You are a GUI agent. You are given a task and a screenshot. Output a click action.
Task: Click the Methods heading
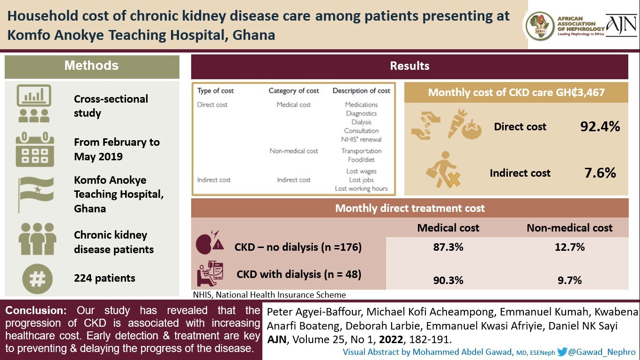click(x=91, y=66)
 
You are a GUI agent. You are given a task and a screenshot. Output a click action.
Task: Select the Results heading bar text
click(x=409, y=66)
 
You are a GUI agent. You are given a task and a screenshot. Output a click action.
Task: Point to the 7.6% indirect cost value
click(x=600, y=173)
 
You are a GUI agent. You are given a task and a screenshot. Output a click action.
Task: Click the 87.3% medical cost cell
click(x=448, y=247)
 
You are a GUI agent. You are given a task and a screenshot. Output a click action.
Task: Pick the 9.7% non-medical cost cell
click(x=570, y=280)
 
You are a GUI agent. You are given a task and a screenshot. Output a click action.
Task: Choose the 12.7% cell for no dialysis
click(x=570, y=247)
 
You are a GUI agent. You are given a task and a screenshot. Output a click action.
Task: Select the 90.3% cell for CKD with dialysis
click(x=448, y=280)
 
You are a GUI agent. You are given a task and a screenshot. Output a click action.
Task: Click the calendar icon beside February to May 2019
click(x=35, y=150)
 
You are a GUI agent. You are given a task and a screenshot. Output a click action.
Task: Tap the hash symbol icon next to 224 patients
click(x=37, y=278)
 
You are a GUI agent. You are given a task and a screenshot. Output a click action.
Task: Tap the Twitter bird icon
click(x=562, y=352)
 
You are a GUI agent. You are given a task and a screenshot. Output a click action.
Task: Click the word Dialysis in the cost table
click(x=361, y=122)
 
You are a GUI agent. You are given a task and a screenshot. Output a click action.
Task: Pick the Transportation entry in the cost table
click(x=361, y=151)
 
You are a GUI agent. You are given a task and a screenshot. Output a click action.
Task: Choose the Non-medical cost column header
click(x=569, y=228)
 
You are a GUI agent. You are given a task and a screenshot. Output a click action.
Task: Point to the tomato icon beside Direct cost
click(x=471, y=130)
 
